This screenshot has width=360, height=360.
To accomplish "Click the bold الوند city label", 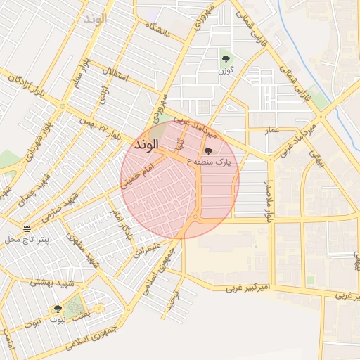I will click(146, 144).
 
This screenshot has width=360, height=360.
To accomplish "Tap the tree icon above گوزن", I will click(226, 59).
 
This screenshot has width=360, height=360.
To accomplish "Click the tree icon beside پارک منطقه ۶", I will click(207, 150).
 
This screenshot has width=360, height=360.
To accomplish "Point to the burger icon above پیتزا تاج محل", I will click(27, 229).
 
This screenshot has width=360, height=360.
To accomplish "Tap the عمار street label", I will click(272, 130).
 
